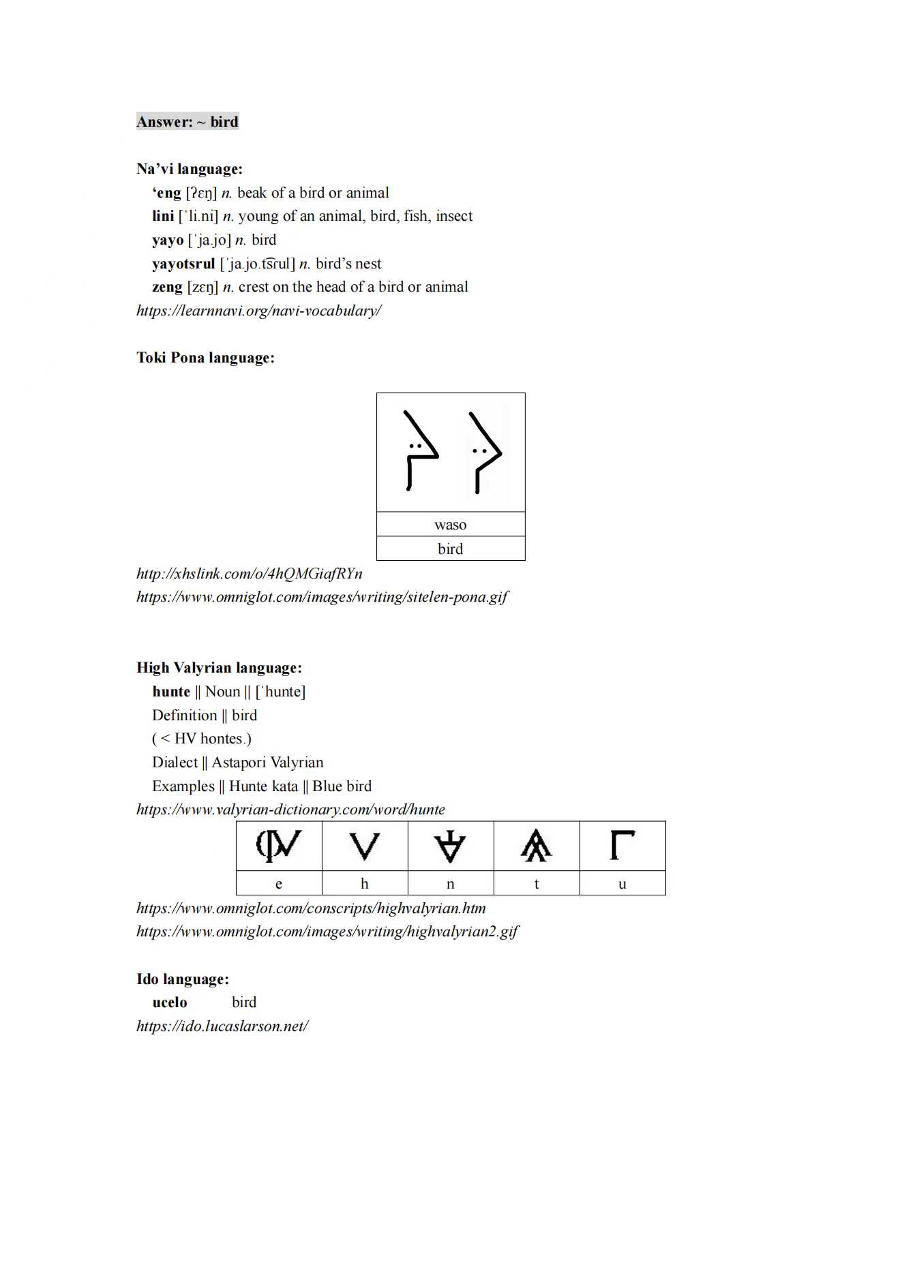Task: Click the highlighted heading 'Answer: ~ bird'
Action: pyautogui.click(x=187, y=122)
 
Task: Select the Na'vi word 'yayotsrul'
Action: pyautogui.click(x=183, y=264)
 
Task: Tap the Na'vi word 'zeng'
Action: pyautogui.click(x=167, y=287)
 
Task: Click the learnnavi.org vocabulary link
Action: pyautogui.click(x=258, y=311)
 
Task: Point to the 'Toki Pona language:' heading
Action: pyautogui.click(x=205, y=358)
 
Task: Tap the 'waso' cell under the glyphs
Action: pyautogui.click(x=450, y=525)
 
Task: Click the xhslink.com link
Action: pyautogui.click(x=249, y=574)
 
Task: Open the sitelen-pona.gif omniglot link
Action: pyautogui.click(x=322, y=597)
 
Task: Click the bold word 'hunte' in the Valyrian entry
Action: pyautogui.click(x=171, y=692)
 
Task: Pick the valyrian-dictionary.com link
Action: pyautogui.click(x=290, y=810)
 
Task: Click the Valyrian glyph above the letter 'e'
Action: pyautogui.click(x=279, y=846)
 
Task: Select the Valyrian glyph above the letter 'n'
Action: pyautogui.click(x=450, y=846)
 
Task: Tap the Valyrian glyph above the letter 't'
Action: pyautogui.click(x=536, y=846)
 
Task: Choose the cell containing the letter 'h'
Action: pyautogui.click(x=365, y=884)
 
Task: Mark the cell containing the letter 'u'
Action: pyautogui.click(x=622, y=884)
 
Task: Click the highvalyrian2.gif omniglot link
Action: pyautogui.click(x=327, y=932)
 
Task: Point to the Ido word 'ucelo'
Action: pyautogui.click(x=170, y=1002)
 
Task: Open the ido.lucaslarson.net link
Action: pyautogui.click(x=222, y=1026)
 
